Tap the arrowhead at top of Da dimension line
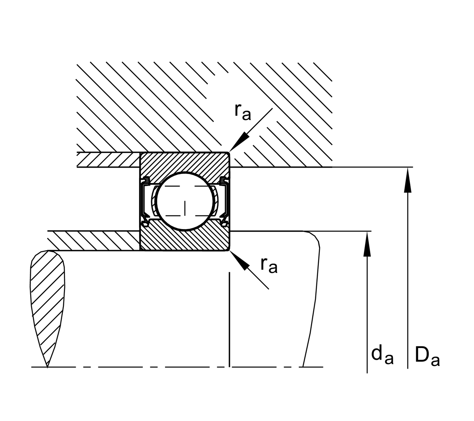407,179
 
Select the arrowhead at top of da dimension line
367,243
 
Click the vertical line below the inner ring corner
229,316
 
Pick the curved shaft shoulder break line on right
314,298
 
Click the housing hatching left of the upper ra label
147,105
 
